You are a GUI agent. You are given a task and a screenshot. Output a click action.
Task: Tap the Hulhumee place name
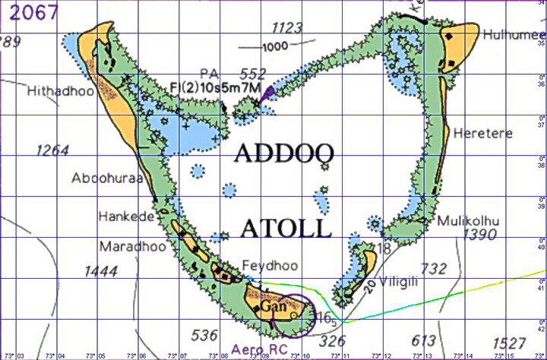click(511, 34)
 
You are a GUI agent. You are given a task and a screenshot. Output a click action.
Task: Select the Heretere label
click(483, 134)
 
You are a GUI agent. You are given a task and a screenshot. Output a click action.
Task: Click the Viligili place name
click(409, 279)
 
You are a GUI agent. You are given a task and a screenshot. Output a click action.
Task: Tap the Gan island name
click(272, 306)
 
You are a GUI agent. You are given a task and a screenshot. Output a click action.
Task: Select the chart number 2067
click(29, 13)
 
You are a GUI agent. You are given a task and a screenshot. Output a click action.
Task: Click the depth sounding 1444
click(102, 270)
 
